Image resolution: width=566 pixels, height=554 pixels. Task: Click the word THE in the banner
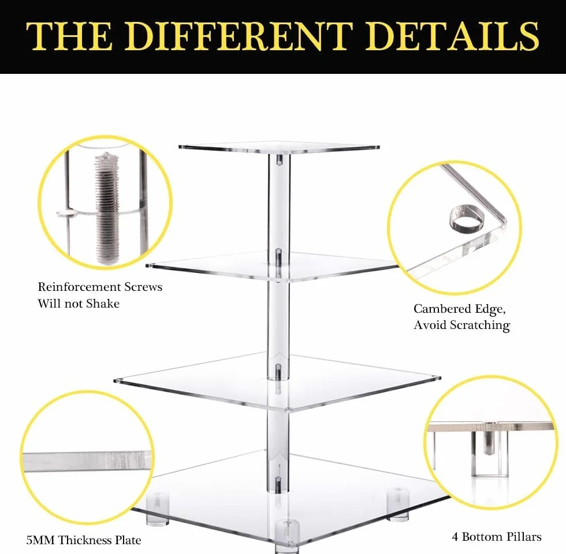click(68, 36)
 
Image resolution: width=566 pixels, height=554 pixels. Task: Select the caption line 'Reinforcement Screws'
click(100, 287)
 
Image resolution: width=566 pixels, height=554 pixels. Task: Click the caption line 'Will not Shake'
click(79, 304)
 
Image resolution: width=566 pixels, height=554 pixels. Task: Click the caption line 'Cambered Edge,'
click(460, 309)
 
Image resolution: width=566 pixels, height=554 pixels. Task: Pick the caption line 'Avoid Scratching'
click(461, 325)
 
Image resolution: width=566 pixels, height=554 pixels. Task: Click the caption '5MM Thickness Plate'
click(83, 540)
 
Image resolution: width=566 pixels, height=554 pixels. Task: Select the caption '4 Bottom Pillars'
click(496, 537)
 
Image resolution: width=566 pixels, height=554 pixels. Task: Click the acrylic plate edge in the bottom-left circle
click(87, 461)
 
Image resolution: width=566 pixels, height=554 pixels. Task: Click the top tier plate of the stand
click(278, 148)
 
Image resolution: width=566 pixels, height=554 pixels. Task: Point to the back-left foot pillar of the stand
click(157, 508)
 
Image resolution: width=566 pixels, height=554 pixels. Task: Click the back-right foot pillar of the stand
click(398, 504)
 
